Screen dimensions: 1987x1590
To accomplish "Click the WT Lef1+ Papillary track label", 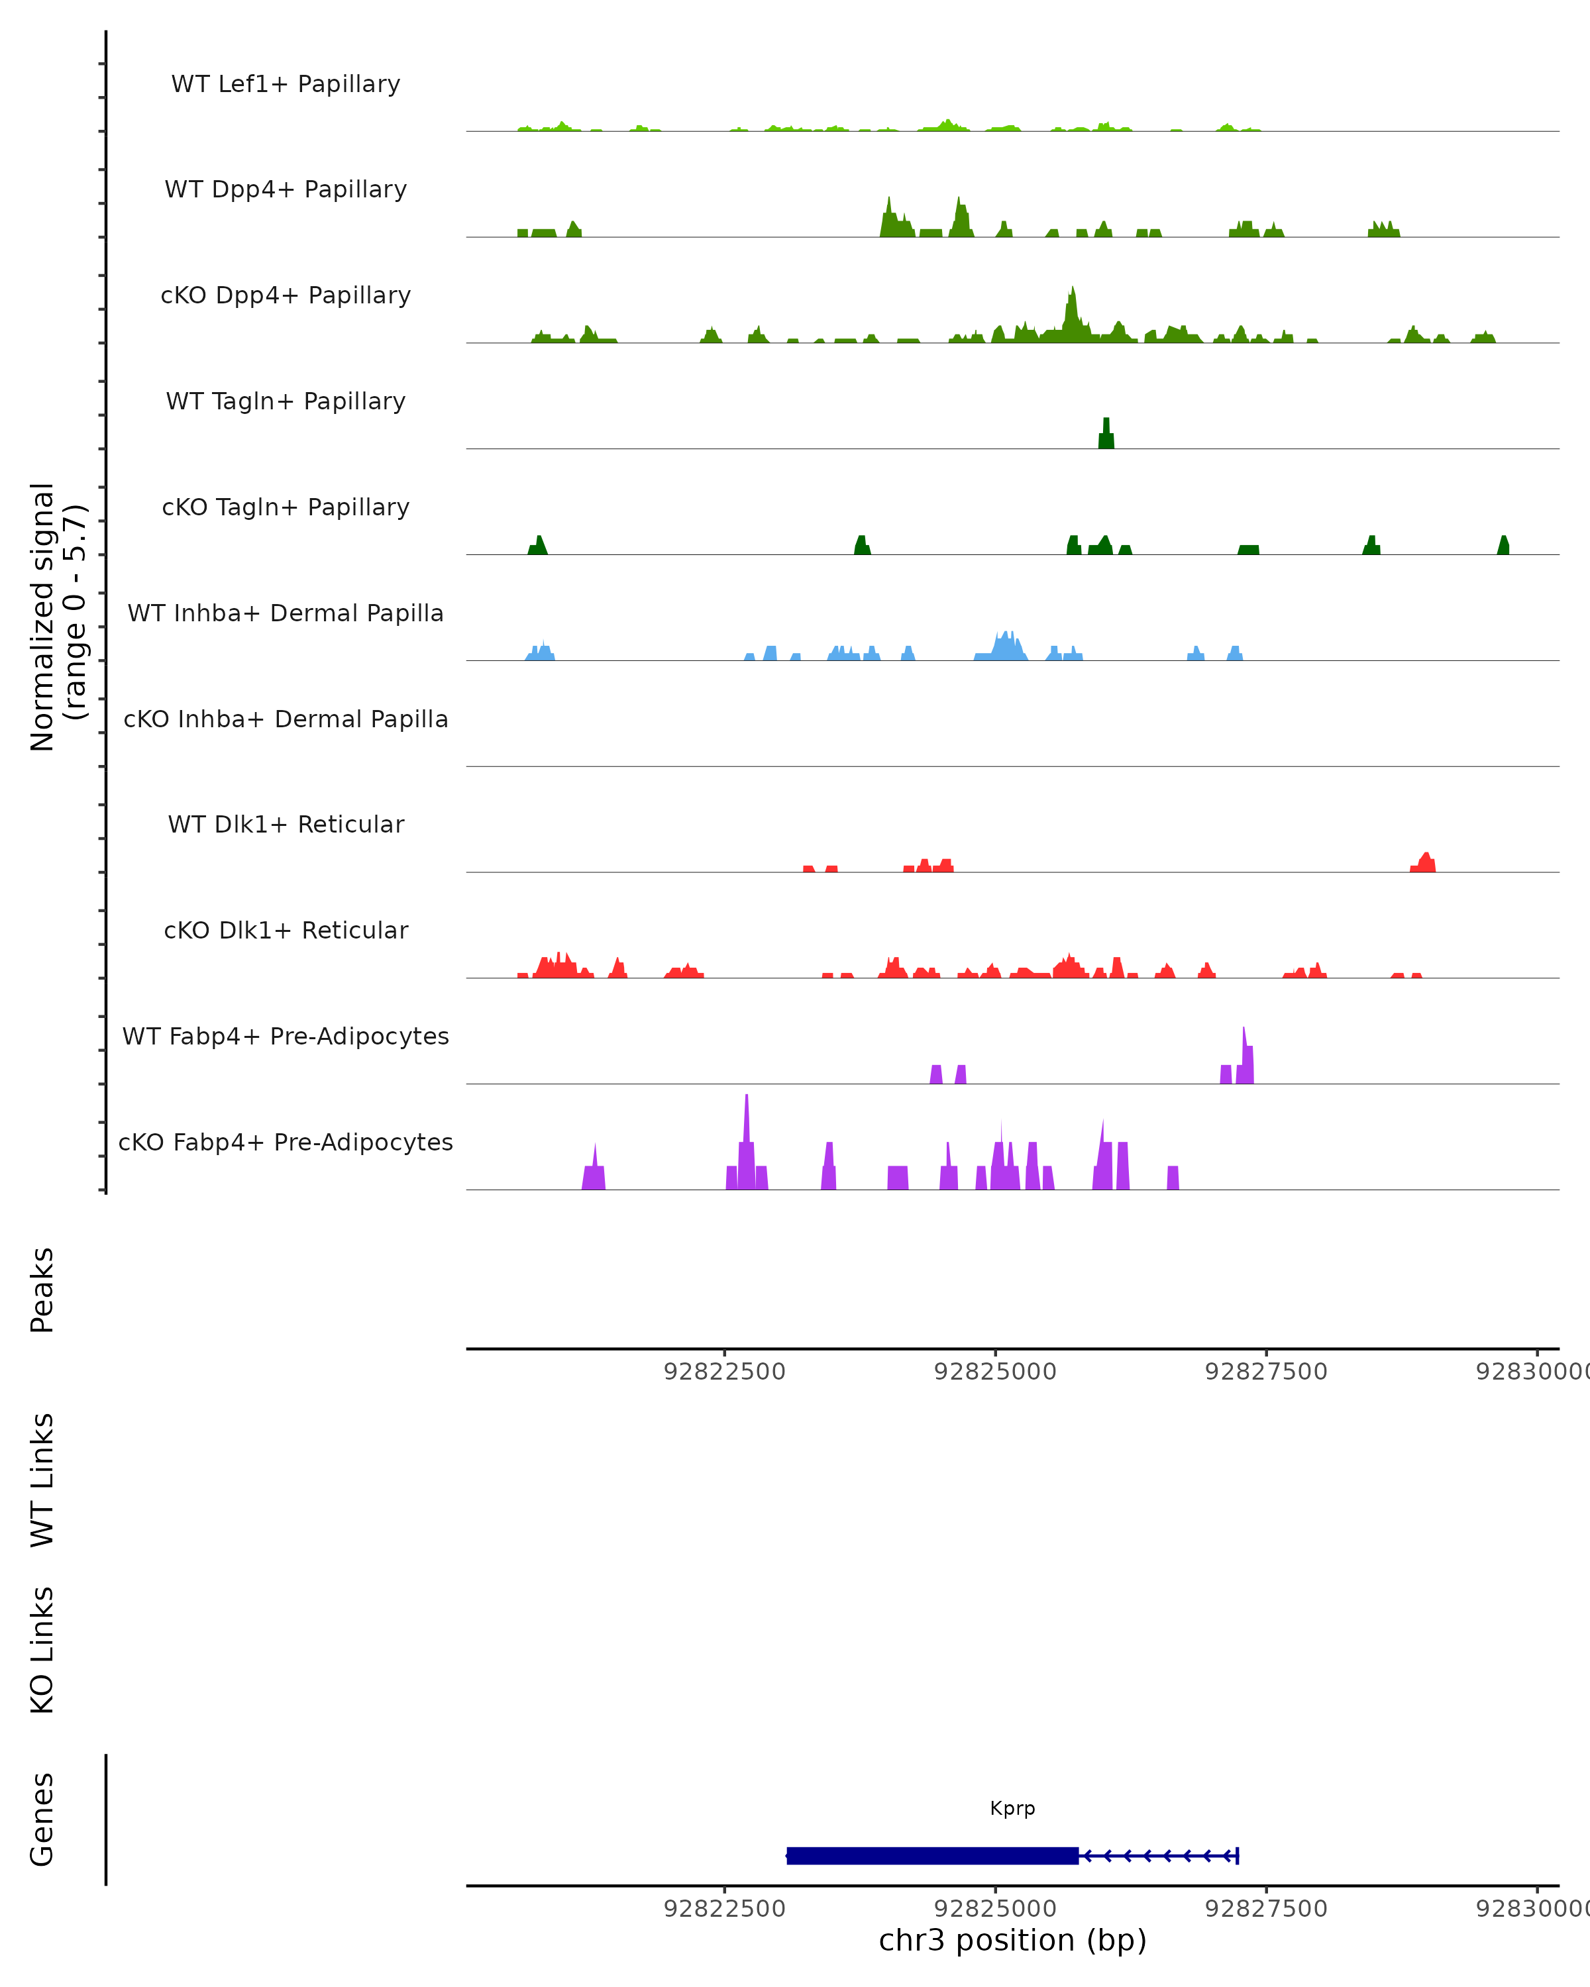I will (286, 84).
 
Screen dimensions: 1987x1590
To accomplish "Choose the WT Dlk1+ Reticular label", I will (286, 825).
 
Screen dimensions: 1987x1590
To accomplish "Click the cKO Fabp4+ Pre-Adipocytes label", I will (286, 1142).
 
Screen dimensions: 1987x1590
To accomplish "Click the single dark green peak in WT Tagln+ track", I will (1106, 435).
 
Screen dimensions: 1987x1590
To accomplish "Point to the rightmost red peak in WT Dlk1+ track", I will (1425, 862).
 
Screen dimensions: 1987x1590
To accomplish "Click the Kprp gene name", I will (1012, 1808).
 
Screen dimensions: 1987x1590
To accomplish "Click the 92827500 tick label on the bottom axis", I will (1265, 1909).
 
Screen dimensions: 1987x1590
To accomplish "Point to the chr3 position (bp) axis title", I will (1012, 1941).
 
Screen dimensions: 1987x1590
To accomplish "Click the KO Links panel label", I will (42, 1650).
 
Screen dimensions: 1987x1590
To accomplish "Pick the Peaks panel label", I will (42, 1290).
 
